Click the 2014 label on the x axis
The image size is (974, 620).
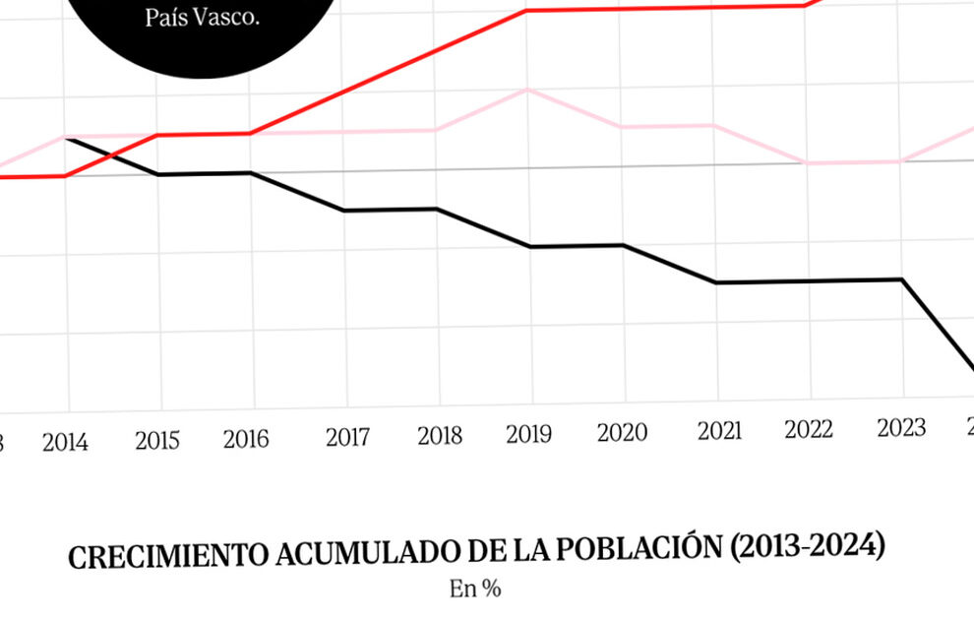pos(65,442)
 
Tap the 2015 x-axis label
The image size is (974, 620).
pos(157,440)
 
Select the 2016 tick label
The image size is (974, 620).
pos(246,439)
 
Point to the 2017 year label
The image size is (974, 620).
pos(348,436)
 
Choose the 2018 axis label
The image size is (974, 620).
pos(439,435)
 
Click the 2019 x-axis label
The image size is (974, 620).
pos(529,434)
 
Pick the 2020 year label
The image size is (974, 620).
pos(622,432)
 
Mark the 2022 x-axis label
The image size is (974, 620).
pos(809,429)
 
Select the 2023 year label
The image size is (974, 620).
pos(901,427)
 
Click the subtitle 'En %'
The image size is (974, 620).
pos(476,589)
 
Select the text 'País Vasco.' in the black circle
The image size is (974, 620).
pos(202,18)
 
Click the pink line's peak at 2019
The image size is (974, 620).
pos(529,90)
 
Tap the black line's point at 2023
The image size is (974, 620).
pos(902,279)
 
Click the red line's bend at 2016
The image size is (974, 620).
pos(251,133)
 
